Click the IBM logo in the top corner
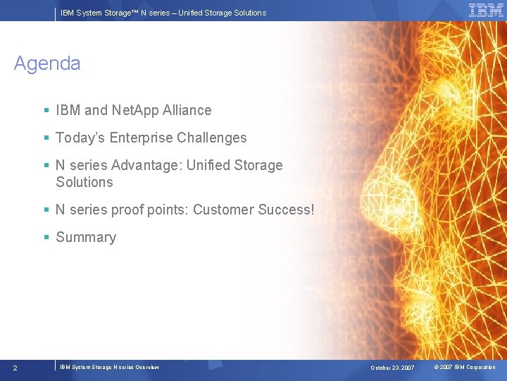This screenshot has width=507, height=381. coord(486,10)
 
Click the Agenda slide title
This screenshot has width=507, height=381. coord(47,64)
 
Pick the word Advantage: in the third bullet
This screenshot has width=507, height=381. coord(142,165)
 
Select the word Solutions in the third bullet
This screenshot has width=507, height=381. coord(84,182)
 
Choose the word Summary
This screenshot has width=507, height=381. coord(86,237)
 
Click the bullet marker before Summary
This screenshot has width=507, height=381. coord(46,238)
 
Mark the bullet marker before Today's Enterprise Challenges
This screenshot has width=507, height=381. coord(46,138)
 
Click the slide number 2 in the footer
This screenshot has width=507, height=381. coord(15,368)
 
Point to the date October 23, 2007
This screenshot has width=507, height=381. coord(392,368)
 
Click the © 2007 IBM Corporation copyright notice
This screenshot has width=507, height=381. coord(464,367)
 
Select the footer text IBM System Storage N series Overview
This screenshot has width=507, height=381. coord(109,367)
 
